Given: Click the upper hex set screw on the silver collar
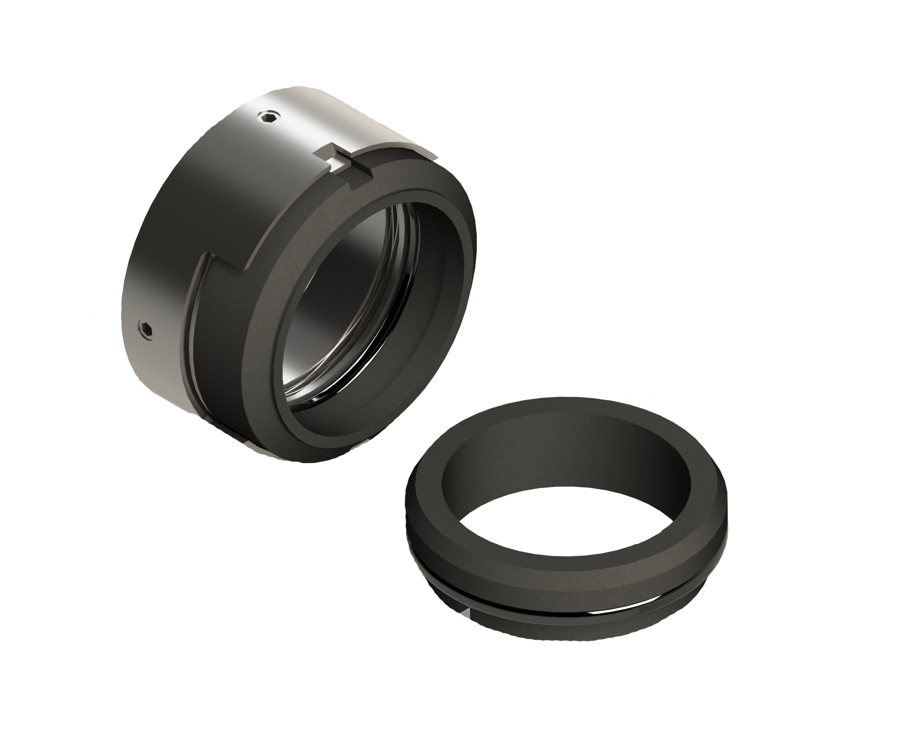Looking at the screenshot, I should (x=269, y=117).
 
